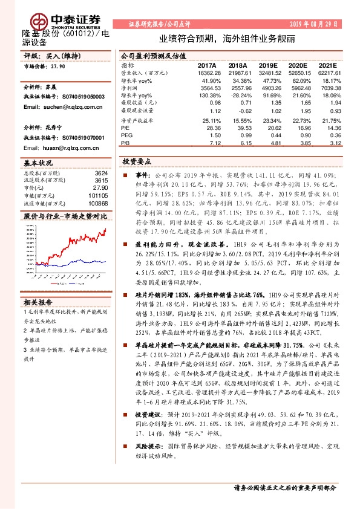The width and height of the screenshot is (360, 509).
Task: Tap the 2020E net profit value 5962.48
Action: click(300, 88)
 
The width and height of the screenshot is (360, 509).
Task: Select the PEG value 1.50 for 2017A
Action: click(214, 135)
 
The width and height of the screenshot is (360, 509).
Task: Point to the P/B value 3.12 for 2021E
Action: click(336, 143)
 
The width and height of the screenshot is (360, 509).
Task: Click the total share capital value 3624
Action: click(102, 173)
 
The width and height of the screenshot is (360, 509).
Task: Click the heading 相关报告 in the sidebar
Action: click(38, 302)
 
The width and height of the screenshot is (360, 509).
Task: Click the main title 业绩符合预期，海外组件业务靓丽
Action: click(227, 37)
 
